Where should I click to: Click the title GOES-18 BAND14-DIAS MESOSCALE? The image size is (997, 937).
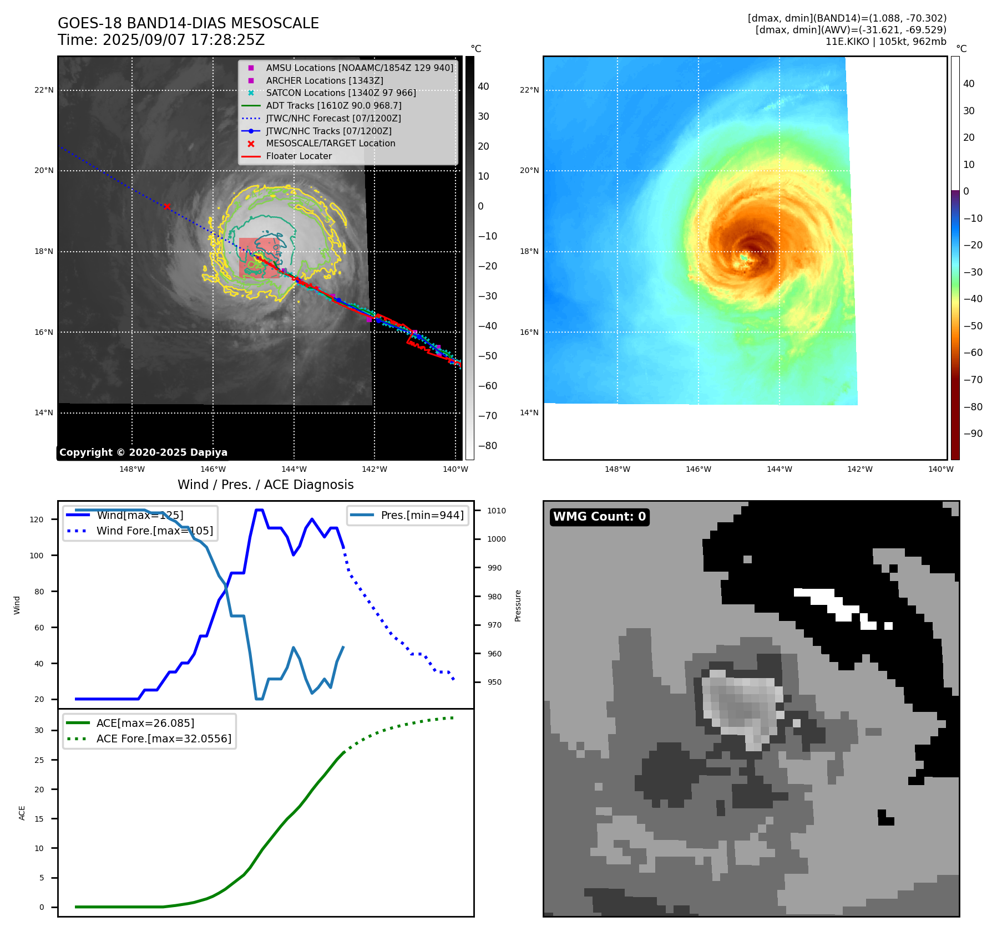point(188,23)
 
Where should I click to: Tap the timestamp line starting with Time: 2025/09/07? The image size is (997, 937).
point(161,40)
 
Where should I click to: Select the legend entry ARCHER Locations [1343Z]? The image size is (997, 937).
point(324,80)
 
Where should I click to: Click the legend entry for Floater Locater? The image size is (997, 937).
point(298,156)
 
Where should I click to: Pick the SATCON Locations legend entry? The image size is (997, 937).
point(341,93)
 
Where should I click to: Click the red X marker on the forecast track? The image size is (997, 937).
point(167,206)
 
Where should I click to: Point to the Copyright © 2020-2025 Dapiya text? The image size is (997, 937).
point(143,452)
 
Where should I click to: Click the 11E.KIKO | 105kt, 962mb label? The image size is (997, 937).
point(885,42)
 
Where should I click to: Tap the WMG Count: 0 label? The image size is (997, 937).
point(599,517)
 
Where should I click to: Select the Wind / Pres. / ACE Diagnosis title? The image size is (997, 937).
point(265,485)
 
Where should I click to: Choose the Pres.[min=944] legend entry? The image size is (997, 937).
point(422,515)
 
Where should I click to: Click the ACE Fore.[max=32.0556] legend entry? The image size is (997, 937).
point(164,739)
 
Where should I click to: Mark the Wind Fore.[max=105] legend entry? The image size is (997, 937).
point(154,531)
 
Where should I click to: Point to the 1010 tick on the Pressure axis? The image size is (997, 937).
point(497,511)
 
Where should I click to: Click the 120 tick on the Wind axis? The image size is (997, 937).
point(37,520)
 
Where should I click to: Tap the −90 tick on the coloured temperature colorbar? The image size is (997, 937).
point(973,434)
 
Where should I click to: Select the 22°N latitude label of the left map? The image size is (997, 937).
point(44,90)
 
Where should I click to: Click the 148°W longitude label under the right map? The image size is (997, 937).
point(618,469)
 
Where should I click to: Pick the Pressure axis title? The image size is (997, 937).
point(518,605)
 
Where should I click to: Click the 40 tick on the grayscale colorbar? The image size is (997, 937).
point(483,86)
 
